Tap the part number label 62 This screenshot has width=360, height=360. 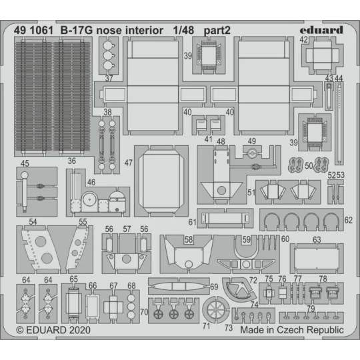point(348,220)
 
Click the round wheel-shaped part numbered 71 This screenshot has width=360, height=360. point(214,309)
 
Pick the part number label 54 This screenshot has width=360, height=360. point(31,222)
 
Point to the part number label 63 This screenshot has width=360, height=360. point(317,239)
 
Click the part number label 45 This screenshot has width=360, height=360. point(24,163)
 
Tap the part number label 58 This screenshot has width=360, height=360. point(189,239)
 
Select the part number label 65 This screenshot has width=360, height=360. point(73,279)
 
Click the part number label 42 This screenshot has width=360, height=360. point(303,40)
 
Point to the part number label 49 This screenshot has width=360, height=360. point(251,141)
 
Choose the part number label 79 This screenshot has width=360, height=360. point(311,308)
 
